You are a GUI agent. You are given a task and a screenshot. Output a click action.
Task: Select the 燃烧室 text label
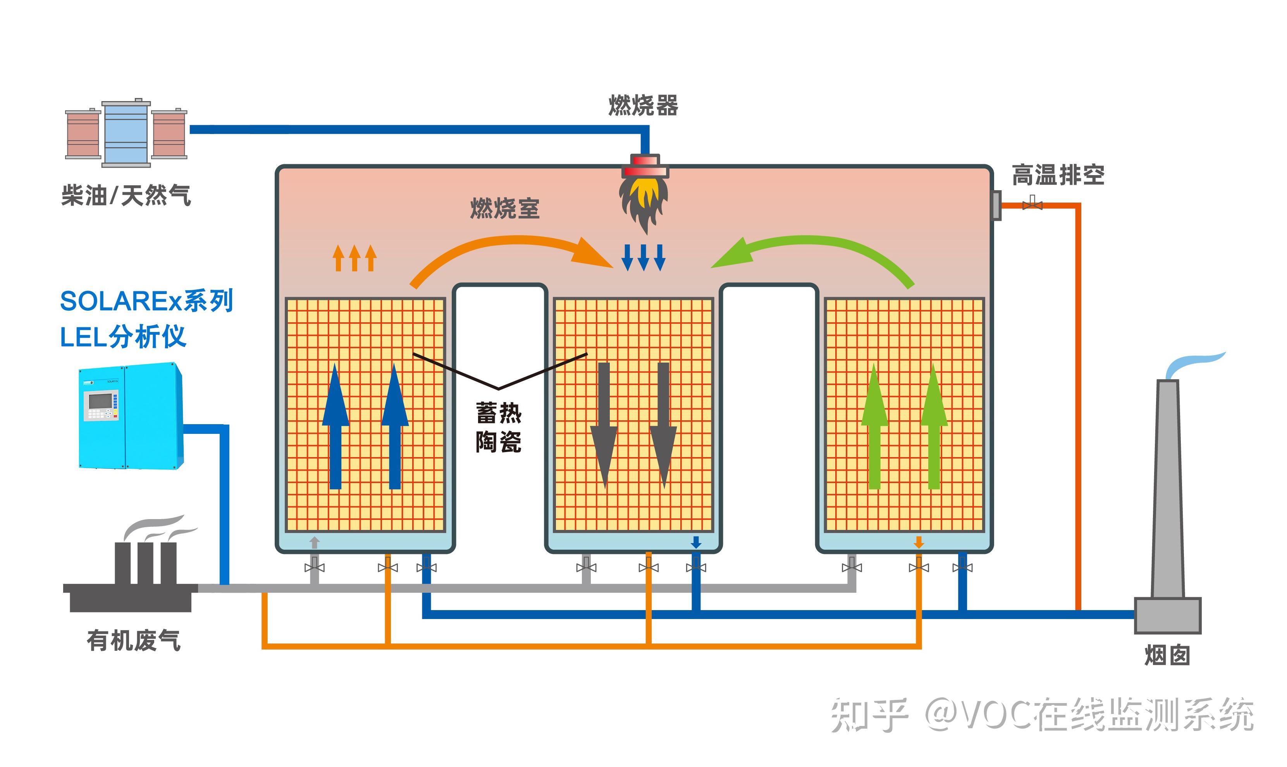[504, 208]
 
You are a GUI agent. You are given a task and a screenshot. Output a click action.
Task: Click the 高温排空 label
[1058, 175]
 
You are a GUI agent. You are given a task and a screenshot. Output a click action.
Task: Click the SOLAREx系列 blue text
[146, 301]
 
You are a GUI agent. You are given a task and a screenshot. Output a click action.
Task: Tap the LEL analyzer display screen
[100, 401]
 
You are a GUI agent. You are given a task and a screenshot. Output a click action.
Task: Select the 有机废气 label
[133, 640]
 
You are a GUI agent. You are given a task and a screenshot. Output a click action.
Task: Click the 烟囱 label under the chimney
[1167, 655]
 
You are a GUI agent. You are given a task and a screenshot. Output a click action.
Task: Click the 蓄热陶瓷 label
[498, 427]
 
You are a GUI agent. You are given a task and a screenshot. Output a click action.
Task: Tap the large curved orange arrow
[512, 253]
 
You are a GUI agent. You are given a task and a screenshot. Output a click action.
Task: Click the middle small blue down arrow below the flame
[643, 257]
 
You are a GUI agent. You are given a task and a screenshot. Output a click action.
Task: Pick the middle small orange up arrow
[354, 258]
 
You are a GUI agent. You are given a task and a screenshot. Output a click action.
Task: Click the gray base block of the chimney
[1167, 615]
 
